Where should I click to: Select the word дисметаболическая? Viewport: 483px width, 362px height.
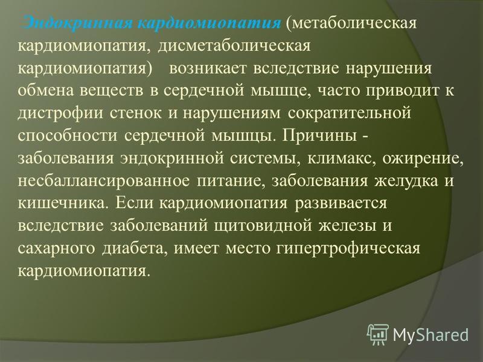point(234,46)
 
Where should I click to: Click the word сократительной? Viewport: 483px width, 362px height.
point(350,113)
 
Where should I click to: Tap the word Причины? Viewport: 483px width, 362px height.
point(319,135)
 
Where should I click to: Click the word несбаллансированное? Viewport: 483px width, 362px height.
point(103,181)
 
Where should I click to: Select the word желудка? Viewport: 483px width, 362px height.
point(406,182)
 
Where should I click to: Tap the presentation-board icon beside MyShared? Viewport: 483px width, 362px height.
point(378,334)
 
